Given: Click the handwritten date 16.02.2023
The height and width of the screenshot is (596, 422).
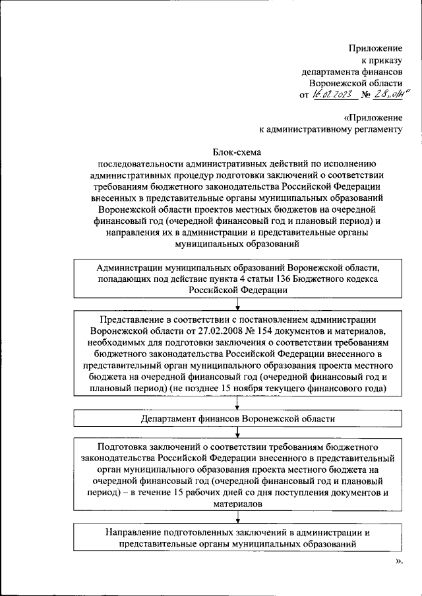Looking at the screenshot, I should (x=334, y=95).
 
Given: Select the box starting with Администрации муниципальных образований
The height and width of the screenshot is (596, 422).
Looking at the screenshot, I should (x=237, y=279).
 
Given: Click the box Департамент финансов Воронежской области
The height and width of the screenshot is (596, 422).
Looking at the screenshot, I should (x=237, y=419).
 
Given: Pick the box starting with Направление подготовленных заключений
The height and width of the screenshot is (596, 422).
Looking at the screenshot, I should (x=237, y=537).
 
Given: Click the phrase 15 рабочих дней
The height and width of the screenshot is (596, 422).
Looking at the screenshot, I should (x=243, y=493).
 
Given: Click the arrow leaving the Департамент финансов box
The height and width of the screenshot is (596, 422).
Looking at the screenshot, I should (x=237, y=432).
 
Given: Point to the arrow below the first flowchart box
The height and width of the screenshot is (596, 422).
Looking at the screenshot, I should (x=237, y=304).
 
